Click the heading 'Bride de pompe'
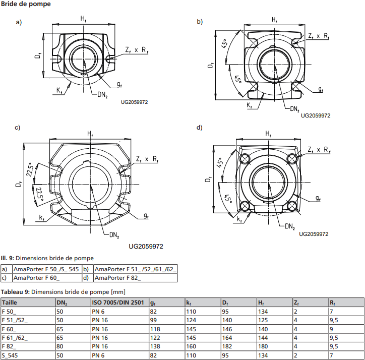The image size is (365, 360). pyautogui.click(x=26, y=4)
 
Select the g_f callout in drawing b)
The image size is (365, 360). pyautogui.click(x=321, y=89)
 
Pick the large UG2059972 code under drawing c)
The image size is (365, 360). pyautogui.click(x=146, y=247)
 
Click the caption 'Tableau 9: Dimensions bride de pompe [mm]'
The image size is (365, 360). pyautogui.click(x=63, y=292)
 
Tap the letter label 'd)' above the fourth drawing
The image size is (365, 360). pyautogui.click(x=199, y=128)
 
